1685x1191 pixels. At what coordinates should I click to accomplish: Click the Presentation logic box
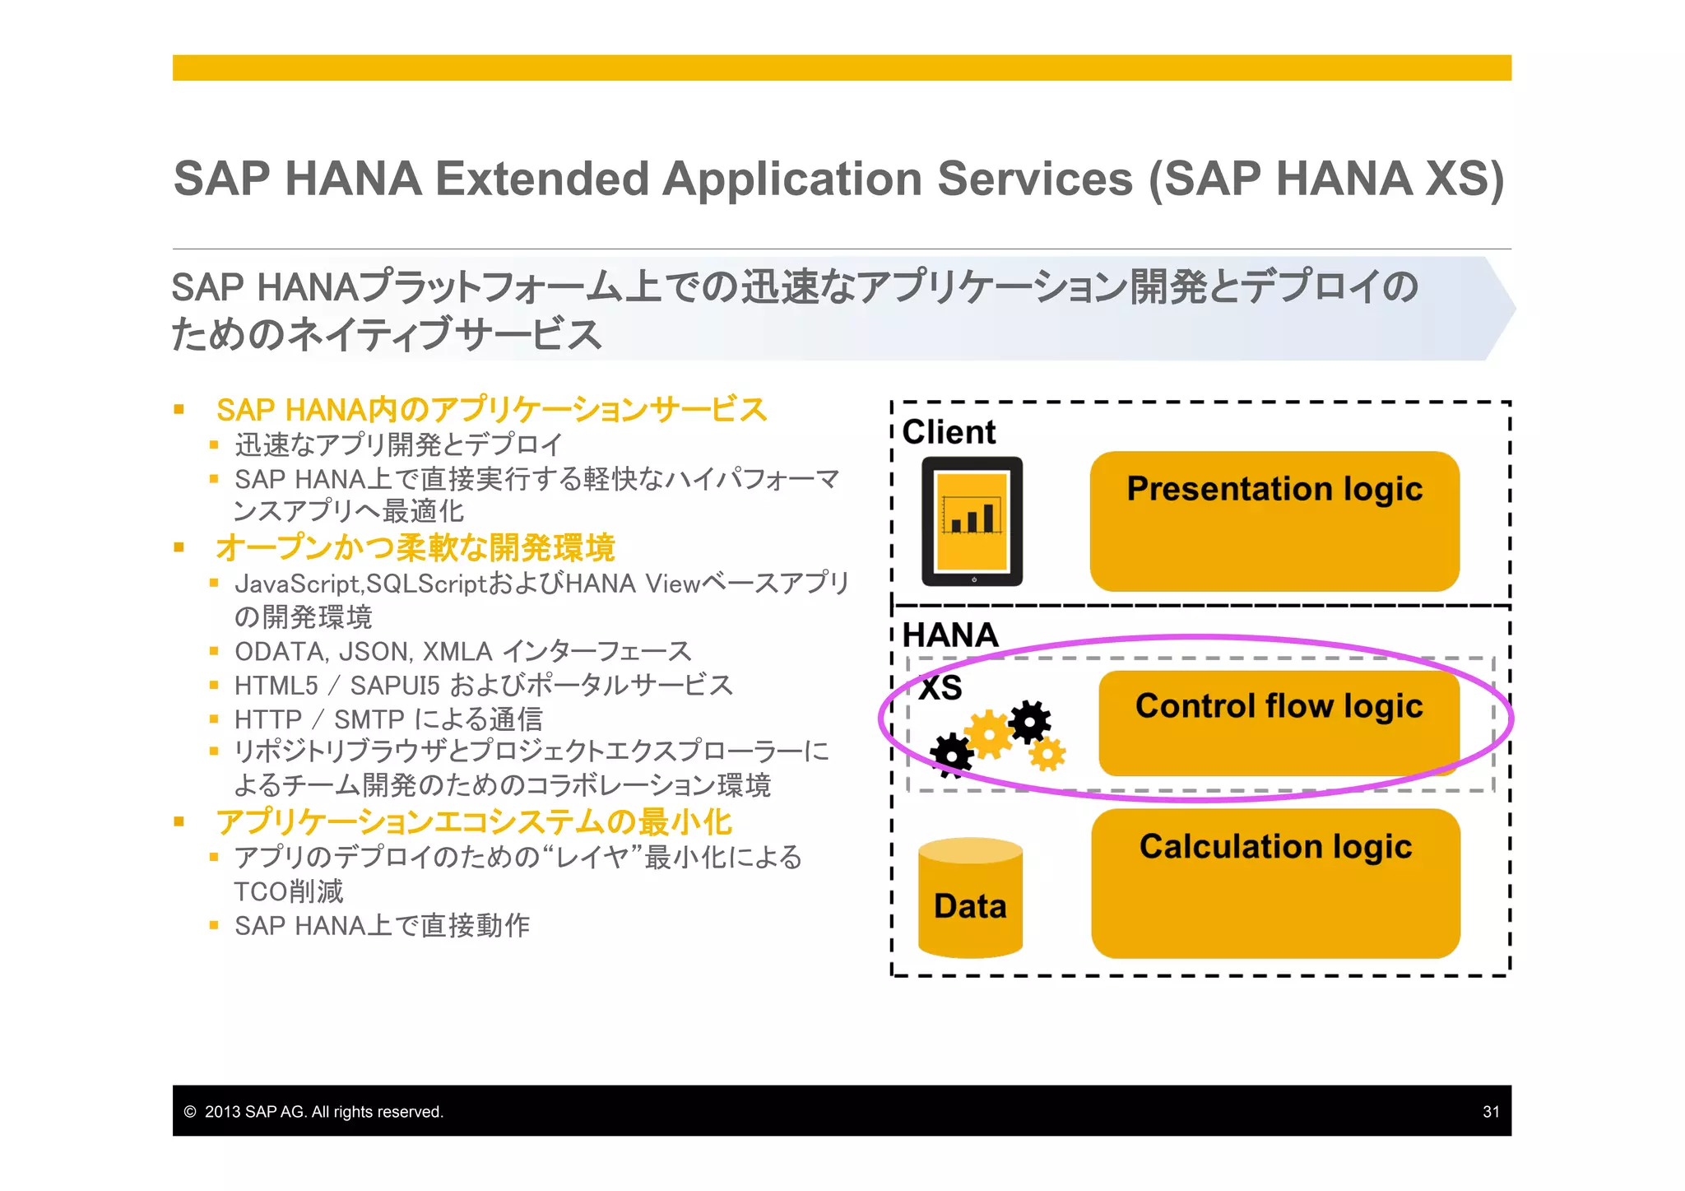click(x=1274, y=520)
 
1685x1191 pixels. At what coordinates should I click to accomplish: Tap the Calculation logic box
click(x=1275, y=882)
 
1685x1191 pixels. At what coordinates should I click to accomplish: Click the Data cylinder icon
click(x=970, y=899)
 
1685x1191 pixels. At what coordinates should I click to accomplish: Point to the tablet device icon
click(x=972, y=521)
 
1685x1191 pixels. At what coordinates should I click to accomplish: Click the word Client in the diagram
click(x=949, y=432)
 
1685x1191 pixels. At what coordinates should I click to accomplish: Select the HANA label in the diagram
click(x=949, y=635)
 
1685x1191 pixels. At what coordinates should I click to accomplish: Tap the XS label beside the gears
click(x=940, y=687)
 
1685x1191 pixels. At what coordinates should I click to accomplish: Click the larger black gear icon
click(x=1029, y=721)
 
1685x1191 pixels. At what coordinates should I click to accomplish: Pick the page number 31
click(x=1490, y=1111)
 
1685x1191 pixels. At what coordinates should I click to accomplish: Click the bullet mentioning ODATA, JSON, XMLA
click(x=462, y=651)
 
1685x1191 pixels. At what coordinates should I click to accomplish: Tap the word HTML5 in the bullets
click(x=276, y=685)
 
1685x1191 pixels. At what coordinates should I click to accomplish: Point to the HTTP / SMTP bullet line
click(x=388, y=719)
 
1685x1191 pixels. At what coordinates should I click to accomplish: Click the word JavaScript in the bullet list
click(x=297, y=584)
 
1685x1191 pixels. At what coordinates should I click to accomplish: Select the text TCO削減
click(x=288, y=891)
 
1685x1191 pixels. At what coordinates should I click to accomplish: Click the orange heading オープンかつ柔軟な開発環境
click(x=415, y=547)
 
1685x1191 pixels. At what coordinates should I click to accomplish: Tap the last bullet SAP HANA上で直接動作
click(x=382, y=925)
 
